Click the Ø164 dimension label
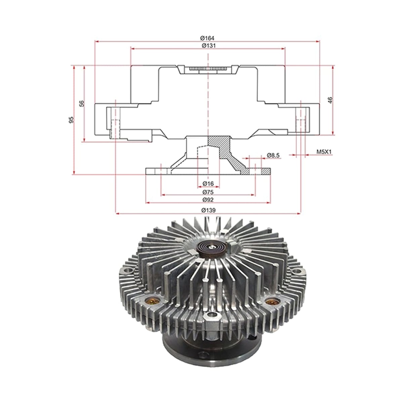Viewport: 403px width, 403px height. pyautogui.click(x=207, y=38)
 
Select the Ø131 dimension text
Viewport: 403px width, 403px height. pyautogui.click(x=209, y=45)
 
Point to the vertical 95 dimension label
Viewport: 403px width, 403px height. pyautogui.click(x=71, y=120)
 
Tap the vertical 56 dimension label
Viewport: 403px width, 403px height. pyautogui.click(x=82, y=103)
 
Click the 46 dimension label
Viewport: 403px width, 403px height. pyautogui.click(x=330, y=100)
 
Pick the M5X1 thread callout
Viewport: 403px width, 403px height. pyautogui.click(x=324, y=151)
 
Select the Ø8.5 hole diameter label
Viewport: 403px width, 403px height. pyautogui.click(x=273, y=155)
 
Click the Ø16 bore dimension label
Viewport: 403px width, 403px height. pyautogui.click(x=208, y=183)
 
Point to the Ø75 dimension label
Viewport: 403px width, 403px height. pyautogui.click(x=208, y=192)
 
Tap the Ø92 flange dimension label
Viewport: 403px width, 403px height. pyautogui.click(x=208, y=200)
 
